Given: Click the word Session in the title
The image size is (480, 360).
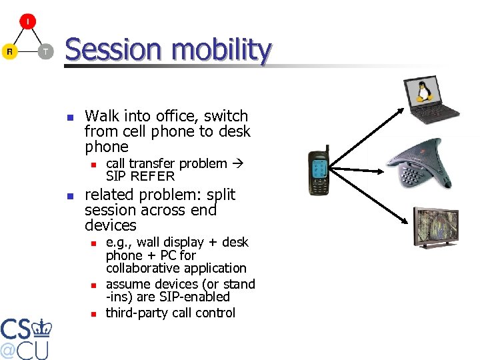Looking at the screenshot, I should click(113, 50).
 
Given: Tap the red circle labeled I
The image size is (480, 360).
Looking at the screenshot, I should click(27, 22).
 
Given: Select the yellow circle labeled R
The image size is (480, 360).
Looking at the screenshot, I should click(9, 51).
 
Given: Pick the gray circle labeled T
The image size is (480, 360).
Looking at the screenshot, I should click(45, 51).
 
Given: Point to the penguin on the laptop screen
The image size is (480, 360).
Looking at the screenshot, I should click(422, 91).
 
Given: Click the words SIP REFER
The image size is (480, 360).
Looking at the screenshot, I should click(140, 177).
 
